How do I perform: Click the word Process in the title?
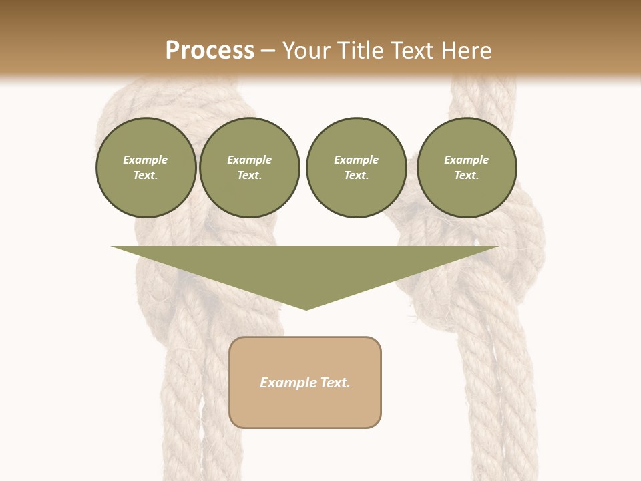210,51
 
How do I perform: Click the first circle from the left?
146,168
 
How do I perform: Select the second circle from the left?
250,168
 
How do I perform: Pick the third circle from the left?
356,168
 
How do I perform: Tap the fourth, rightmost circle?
467,168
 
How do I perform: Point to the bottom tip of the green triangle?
306,309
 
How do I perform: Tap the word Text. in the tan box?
336,383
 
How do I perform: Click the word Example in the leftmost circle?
146,160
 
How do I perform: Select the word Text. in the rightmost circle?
467,176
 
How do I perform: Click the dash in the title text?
268,51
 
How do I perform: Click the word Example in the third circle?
356,160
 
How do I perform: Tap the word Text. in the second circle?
250,176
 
